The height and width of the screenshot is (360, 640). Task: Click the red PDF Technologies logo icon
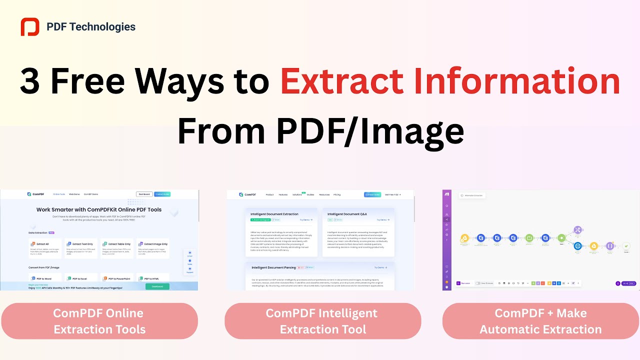click(30, 27)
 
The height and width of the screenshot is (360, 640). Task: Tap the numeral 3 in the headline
click(29, 81)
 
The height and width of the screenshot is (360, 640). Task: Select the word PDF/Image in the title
click(369, 130)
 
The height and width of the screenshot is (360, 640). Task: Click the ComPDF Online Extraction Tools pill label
click(99, 321)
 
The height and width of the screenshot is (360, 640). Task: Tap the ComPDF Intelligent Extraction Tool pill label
click(322, 321)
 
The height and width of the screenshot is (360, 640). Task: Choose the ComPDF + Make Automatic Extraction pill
click(540, 321)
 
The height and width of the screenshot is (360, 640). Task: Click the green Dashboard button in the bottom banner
click(157, 286)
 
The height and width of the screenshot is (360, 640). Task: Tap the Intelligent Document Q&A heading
click(347, 214)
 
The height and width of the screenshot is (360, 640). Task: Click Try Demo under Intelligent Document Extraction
click(306, 219)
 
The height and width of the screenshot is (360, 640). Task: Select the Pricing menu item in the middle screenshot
click(337, 194)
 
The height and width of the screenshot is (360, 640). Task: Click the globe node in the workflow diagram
click(578, 245)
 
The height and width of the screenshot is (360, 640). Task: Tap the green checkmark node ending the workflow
click(626, 245)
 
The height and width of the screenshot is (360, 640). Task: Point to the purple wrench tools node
click(578, 230)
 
